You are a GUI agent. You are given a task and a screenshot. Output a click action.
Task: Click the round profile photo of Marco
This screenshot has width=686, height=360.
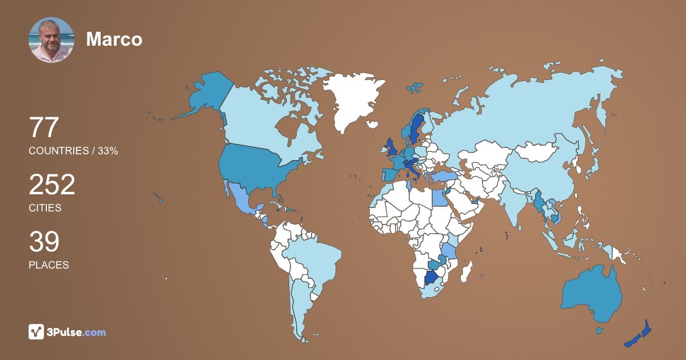click(51, 40)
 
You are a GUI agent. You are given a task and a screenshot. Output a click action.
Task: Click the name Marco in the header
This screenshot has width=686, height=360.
click(114, 39)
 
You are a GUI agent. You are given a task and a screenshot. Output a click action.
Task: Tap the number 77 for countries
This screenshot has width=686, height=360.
click(44, 127)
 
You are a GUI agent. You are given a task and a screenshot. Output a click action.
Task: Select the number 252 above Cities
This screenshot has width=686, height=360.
click(52, 185)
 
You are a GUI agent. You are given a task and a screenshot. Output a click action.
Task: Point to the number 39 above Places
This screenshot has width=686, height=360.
click(44, 242)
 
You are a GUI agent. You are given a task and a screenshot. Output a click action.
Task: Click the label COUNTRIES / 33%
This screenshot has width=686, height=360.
click(73, 151)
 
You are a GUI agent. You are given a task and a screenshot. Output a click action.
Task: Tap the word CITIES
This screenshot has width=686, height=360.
click(45, 208)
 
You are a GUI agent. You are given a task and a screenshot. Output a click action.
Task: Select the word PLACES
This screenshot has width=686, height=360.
click(49, 265)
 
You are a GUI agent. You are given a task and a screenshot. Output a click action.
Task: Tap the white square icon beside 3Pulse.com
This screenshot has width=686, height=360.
click(37, 331)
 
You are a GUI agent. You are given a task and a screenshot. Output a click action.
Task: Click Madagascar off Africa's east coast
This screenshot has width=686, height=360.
click(468, 270)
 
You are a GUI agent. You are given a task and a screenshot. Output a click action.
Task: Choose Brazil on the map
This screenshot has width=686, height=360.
click(312, 257)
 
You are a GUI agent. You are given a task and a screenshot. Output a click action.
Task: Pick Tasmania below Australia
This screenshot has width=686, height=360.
click(600, 330)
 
